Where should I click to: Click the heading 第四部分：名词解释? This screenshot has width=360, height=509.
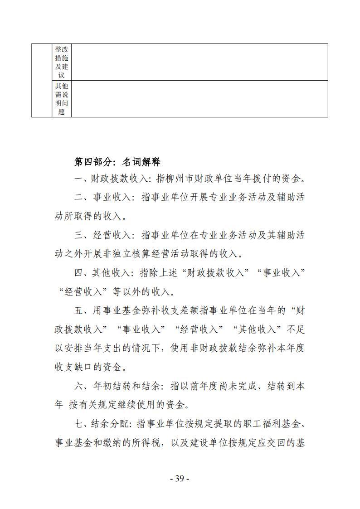[117, 162]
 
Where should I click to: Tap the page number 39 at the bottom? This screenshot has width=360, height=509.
[179, 479]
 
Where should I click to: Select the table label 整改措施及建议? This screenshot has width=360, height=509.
[62, 62]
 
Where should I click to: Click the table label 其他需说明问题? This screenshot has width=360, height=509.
[62, 99]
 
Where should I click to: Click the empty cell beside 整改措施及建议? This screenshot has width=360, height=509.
[199, 62]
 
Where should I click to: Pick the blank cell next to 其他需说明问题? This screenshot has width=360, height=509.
[199, 99]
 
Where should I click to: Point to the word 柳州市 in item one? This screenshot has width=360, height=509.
[186, 179]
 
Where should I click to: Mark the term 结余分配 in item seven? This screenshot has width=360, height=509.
[110, 424]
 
